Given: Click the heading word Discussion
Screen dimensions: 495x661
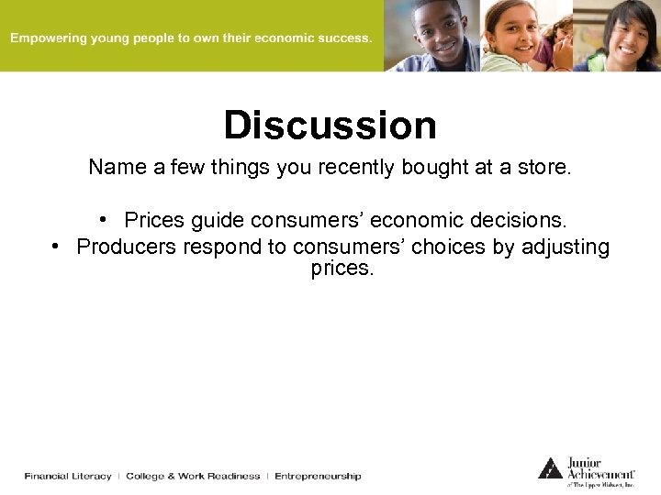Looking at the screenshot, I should coord(330,126).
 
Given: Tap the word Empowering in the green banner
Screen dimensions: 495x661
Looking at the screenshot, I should coord(46,38).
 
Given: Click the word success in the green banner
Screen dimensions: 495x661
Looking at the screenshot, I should coord(343,38).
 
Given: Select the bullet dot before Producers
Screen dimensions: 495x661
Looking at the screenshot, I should coord(57,247).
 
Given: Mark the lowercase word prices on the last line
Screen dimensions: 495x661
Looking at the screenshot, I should coord(342,270).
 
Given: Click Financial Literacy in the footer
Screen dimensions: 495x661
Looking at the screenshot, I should coord(68,476).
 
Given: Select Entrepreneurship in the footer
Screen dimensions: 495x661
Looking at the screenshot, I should coord(318,476).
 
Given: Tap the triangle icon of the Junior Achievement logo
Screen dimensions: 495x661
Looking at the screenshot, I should coord(550,467).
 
